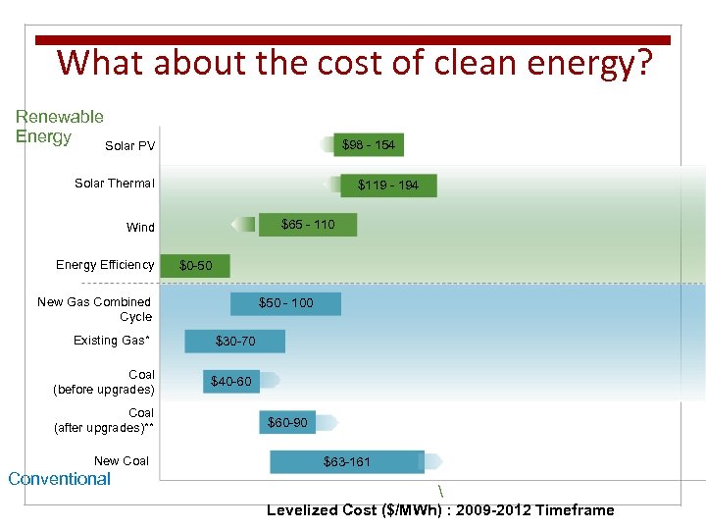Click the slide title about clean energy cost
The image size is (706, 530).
coord(354,63)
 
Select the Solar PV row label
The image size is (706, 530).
coord(129,146)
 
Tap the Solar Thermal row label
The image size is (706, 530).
coord(115,184)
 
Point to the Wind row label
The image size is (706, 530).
coord(140,227)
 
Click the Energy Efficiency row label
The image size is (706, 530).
coord(105,265)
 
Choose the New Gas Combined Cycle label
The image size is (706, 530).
coord(95,309)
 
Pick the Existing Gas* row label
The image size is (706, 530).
coord(112,341)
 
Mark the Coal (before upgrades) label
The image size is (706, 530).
coord(104,382)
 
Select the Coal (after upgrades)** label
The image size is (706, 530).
coord(104,420)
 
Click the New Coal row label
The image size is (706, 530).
coord(122,461)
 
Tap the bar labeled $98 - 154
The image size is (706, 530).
coord(368,145)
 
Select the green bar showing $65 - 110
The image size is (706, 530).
coord(307,225)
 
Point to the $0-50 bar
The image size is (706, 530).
coord(196,266)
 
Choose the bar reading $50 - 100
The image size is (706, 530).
coord(285,303)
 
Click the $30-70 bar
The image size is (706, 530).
coord(235,342)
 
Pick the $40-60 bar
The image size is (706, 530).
coord(231,381)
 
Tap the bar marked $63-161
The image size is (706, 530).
coord(347,461)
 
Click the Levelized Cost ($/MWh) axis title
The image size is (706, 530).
coord(440,510)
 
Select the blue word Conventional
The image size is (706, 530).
coord(59,479)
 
